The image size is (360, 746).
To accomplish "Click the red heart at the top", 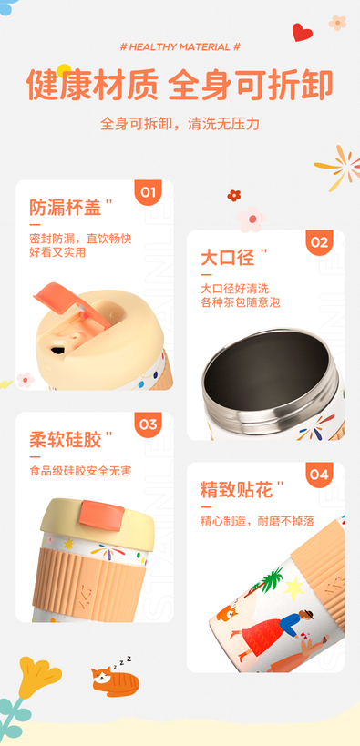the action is click(302, 33).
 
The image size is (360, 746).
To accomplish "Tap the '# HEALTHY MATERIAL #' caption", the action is click(180, 46).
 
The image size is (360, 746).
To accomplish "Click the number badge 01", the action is click(148, 192).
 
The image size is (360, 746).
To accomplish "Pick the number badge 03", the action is click(148, 424).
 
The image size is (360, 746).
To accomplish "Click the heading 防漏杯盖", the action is click(66, 208).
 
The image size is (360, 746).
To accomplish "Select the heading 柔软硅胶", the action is click(66, 440).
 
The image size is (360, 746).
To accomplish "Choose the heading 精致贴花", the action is click(236, 490).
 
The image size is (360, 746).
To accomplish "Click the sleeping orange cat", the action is click(115, 680).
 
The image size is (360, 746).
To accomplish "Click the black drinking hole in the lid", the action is click(57, 351).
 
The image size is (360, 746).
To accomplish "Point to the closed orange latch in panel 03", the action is click(101, 516).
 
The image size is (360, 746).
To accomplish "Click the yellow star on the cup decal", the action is click(294, 588).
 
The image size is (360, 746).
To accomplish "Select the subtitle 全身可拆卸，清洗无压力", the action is click(180, 124).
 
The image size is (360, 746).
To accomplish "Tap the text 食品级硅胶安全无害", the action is click(80, 471).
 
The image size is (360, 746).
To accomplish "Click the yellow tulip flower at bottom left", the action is click(38, 677).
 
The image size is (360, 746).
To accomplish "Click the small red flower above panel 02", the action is click(234, 195).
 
